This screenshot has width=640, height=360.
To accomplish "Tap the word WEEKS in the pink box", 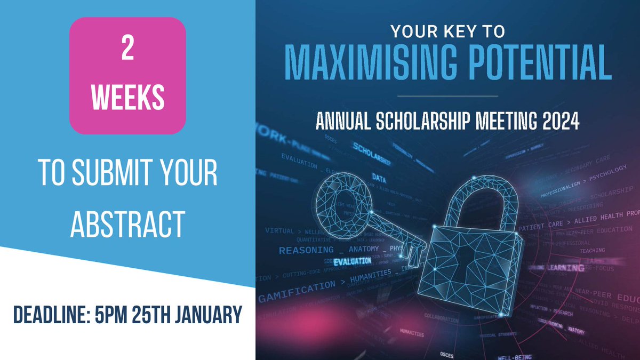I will [x=127, y=98].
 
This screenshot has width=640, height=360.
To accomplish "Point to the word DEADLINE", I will [x=54, y=315].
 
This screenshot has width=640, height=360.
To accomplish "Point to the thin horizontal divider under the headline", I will [x=448, y=96].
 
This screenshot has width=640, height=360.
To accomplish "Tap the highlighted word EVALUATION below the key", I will [x=352, y=261].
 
